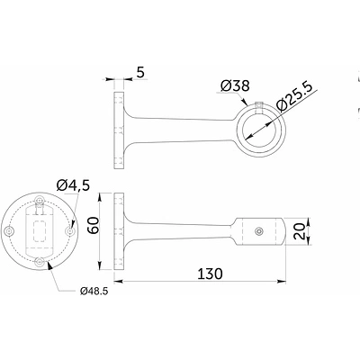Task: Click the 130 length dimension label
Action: tap(210, 274)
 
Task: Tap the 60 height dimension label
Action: tap(94, 225)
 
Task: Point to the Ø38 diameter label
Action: tap(235, 85)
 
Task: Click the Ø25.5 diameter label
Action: tap(294, 96)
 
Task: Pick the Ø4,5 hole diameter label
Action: tap(73, 185)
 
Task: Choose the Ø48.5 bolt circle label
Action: tap(94, 291)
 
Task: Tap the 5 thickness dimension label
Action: tap(140, 72)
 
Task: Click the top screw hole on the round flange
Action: tap(39, 201)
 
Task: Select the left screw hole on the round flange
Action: tap(11, 231)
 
